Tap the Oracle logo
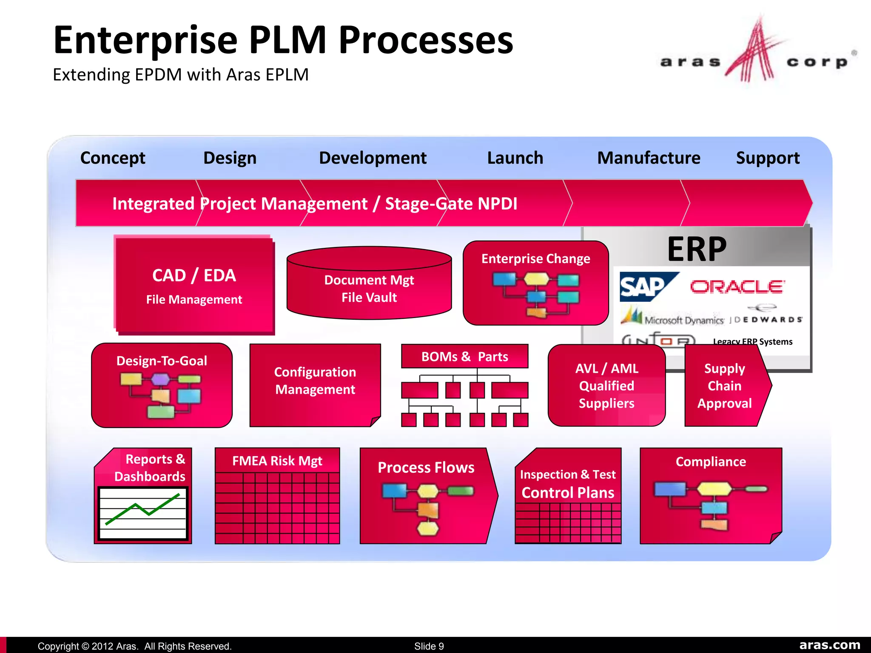(x=737, y=287)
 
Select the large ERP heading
(x=697, y=249)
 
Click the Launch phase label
(x=515, y=158)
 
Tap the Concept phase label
(x=113, y=158)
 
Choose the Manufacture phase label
(x=649, y=158)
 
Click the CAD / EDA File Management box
(x=194, y=286)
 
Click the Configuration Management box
(x=315, y=381)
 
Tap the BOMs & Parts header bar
(x=464, y=356)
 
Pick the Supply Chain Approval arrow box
(x=724, y=386)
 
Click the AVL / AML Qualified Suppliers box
(x=606, y=386)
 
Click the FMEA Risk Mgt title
(x=277, y=461)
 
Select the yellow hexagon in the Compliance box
(x=714, y=489)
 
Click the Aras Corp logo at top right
(x=757, y=53)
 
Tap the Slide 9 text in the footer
(x=429, y=646)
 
